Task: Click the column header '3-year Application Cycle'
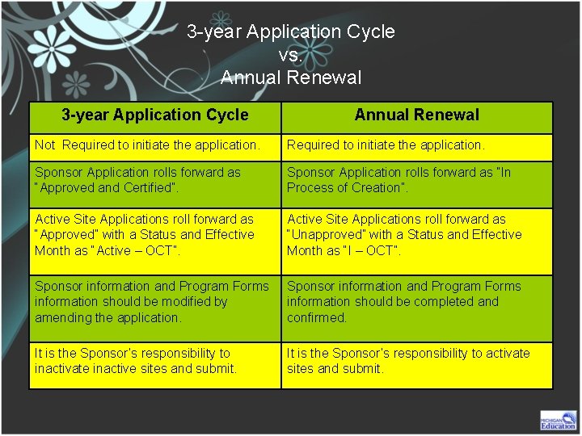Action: click(155, 115)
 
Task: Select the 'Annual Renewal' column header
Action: click(416, 115)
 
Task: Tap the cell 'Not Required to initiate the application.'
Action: click(147, 145)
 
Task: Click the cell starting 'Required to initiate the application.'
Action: click(386, 145)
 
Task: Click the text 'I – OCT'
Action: click(374, 250)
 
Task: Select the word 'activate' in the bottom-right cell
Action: click(507, 353)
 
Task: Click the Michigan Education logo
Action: click(558, 420)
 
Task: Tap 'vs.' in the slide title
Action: click(291, 55)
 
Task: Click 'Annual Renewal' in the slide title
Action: click(291, 78)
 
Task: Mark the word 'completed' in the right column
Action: click(444, 301)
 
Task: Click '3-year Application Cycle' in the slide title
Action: click(291, 32)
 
